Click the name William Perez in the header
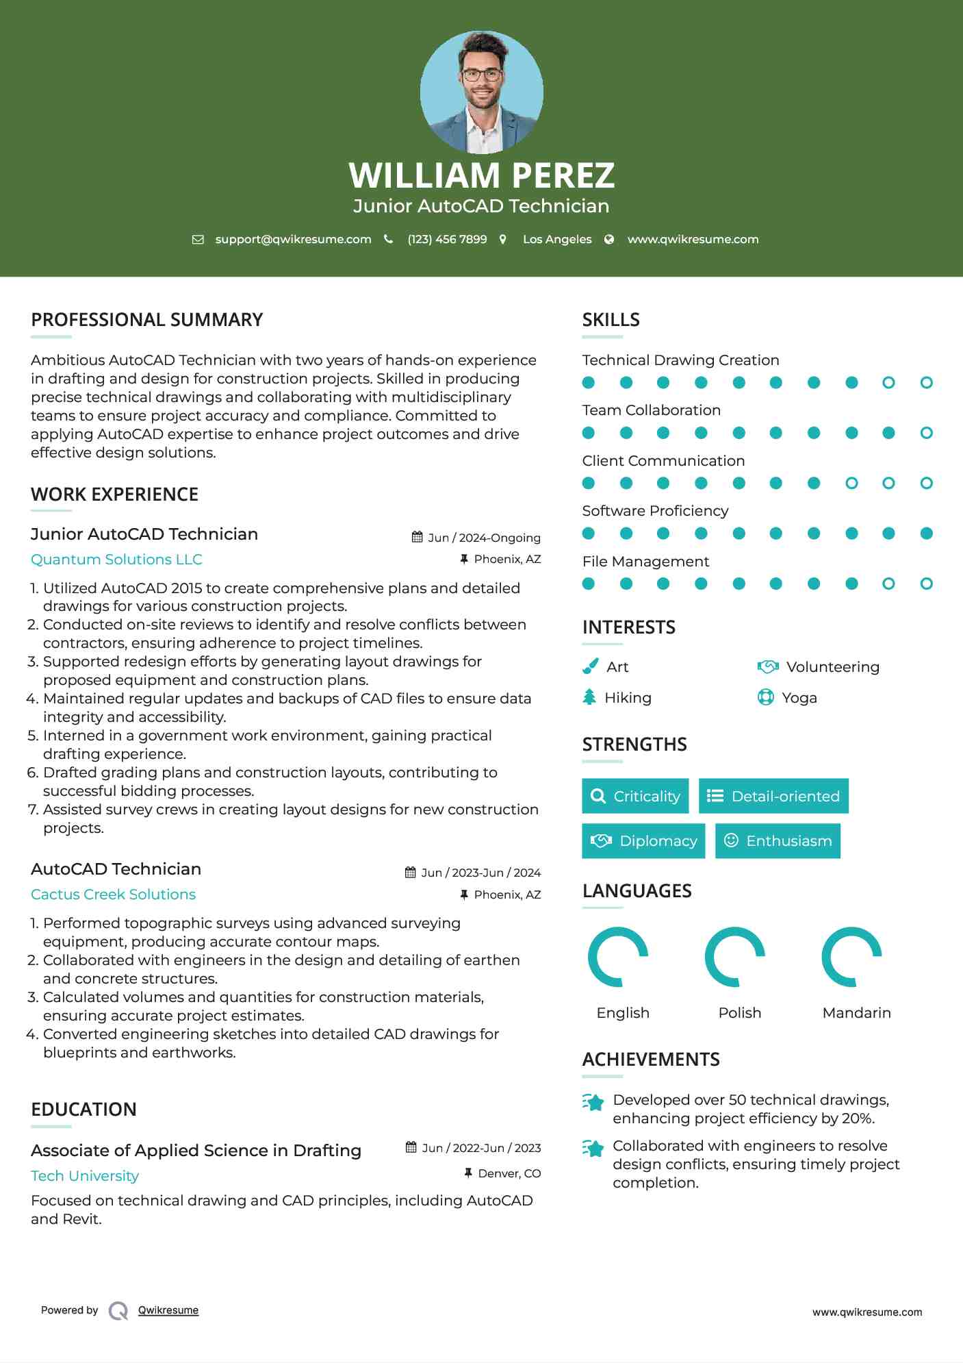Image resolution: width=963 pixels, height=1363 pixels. tap(481, 175)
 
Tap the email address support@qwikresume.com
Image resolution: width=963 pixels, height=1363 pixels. tap(293, 239)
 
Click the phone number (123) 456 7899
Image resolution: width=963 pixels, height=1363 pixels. tap(447, 239)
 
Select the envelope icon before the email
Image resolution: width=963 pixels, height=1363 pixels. tap(198, 239)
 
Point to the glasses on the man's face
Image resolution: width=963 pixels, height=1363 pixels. tap(481, 75)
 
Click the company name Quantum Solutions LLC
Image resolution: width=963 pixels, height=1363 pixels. tap(116, 560)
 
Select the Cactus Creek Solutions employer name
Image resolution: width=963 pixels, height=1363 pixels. tap(113, 895)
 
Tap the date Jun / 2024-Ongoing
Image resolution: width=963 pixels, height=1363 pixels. tap(483, 538)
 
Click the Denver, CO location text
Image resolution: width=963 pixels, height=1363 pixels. tap(509, 1173)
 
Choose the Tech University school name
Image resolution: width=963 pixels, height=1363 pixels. tap(85, 1176)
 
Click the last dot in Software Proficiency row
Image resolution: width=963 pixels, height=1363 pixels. tap(926, 534)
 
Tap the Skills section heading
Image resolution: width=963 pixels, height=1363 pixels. tap(611, 320)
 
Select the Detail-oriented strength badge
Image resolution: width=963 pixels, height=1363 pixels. tap(773, 796)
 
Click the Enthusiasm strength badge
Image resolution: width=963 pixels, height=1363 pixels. tap(778, 841)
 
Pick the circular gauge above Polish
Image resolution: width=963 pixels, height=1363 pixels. tap(735, 957)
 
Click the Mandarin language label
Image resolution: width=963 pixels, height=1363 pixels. tap(856, 1013)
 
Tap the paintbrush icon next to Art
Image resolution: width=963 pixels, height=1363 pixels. tap(590, 666)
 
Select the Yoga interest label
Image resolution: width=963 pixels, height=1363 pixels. tap(799, 698)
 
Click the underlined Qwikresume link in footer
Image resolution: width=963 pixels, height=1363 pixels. tap(168, 1310)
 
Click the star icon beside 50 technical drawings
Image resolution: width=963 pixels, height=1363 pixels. tap(593, 1102)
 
